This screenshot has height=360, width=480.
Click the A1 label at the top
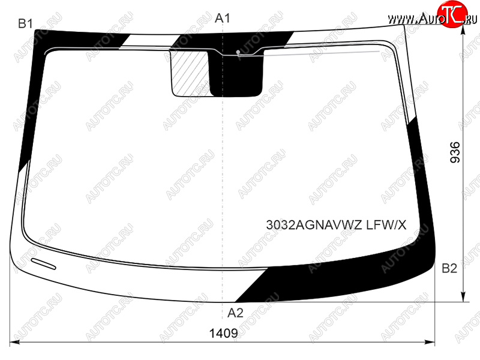[x=222, y=19]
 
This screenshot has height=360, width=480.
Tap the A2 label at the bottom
[x=235, y=313]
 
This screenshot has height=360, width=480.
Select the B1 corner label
[x=25, y=23]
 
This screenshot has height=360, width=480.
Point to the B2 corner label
[x=449, y=268]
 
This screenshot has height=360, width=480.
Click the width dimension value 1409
[x=223, y=333]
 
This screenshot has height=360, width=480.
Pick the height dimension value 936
[x=455, y=152]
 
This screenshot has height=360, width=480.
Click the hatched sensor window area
[x=190, y=73]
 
